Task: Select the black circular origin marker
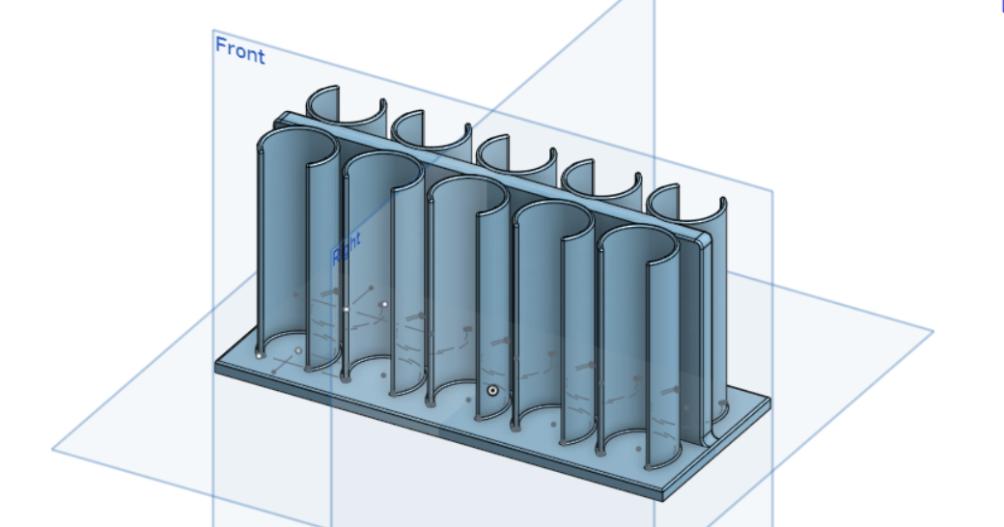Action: click(x=493, y=391)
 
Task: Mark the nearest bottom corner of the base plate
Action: click(x=664, y=497)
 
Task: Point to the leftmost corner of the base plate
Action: click(x=215, y=364)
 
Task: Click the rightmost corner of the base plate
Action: click(x=769, y=398)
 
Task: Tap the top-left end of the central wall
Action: click(x=280, y=119)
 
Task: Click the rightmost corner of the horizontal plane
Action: click(x=933, y=331)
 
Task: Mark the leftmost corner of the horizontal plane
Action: click(x=52, y=449)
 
